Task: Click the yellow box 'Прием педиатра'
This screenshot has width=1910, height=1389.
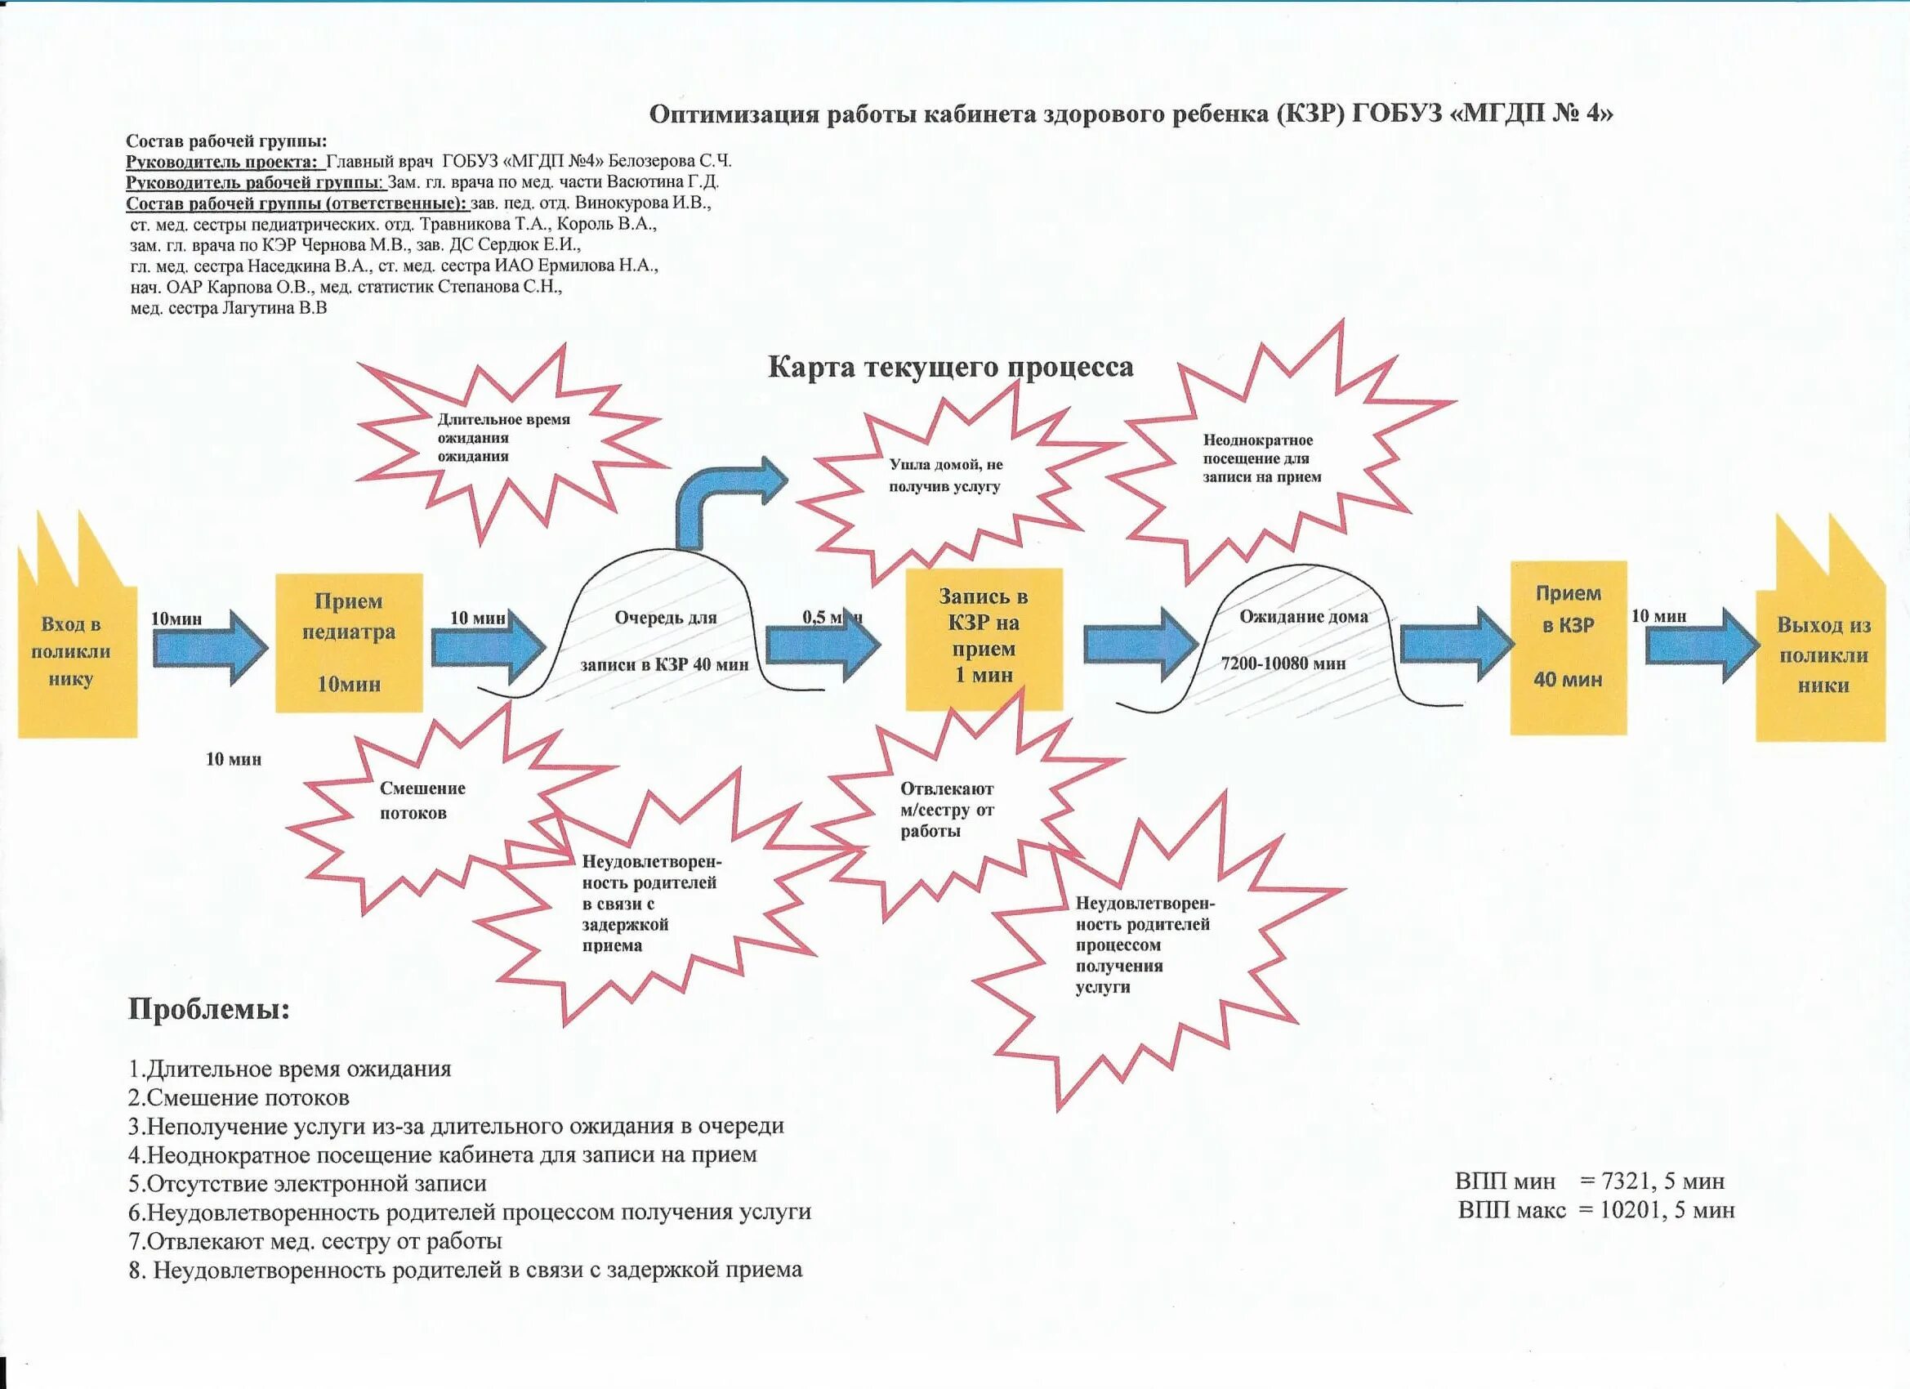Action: (x=349, y=642)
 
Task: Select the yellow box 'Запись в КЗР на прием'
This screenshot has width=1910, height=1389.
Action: (x=984, y=638)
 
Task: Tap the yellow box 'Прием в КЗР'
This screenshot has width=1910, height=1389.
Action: (x=1567, y=647)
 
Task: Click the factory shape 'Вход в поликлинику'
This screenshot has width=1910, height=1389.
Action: (x=76, y=653)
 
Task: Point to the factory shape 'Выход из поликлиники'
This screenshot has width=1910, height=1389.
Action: (x=1823, y=655)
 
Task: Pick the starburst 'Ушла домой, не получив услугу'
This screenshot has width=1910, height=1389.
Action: (x=945, y=476)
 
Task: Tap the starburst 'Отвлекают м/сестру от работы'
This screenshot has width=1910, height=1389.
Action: (x=948, y=810)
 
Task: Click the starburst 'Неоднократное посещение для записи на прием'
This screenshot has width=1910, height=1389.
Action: (x=1261, y=458)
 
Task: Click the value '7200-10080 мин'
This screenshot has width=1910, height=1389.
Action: (x=1283, y=663)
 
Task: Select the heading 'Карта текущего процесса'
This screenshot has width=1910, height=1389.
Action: (x=950, y=367)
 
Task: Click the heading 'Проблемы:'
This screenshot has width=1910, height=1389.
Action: (x=209, y=1009)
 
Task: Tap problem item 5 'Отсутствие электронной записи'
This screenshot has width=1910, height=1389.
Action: (x=307, y=1183)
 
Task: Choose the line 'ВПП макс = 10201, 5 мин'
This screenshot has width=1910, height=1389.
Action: (x=1595, y=1210)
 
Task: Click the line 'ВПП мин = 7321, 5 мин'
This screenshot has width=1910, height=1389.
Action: (x=1589, y=1181)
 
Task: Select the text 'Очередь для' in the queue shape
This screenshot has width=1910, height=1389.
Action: (x=665, y=618)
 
